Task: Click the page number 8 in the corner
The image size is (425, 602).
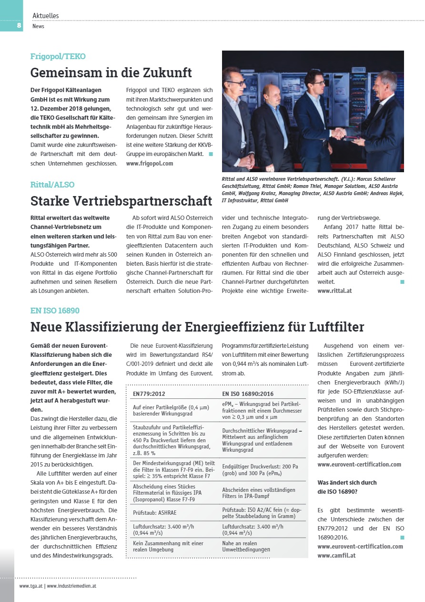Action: click(19, 25)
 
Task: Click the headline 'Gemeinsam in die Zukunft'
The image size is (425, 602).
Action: click(111, 73)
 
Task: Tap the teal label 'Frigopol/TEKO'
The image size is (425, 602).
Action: click(58, 56)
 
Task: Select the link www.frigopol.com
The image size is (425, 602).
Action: click(150, 163)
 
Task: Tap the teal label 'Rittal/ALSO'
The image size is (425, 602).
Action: click(52, 185)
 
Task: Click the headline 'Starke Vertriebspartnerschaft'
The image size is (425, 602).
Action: click(121, 201)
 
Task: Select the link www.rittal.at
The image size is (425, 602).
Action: click(334, 290)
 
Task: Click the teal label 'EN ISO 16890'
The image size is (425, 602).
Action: click(55, 311)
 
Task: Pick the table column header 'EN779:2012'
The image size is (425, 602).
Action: click(149, 394)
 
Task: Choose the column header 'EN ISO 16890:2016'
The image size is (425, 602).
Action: click(248, 394)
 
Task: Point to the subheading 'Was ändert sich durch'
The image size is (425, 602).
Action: click(346, 482)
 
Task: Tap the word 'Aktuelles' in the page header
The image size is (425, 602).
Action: click(46, 16)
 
